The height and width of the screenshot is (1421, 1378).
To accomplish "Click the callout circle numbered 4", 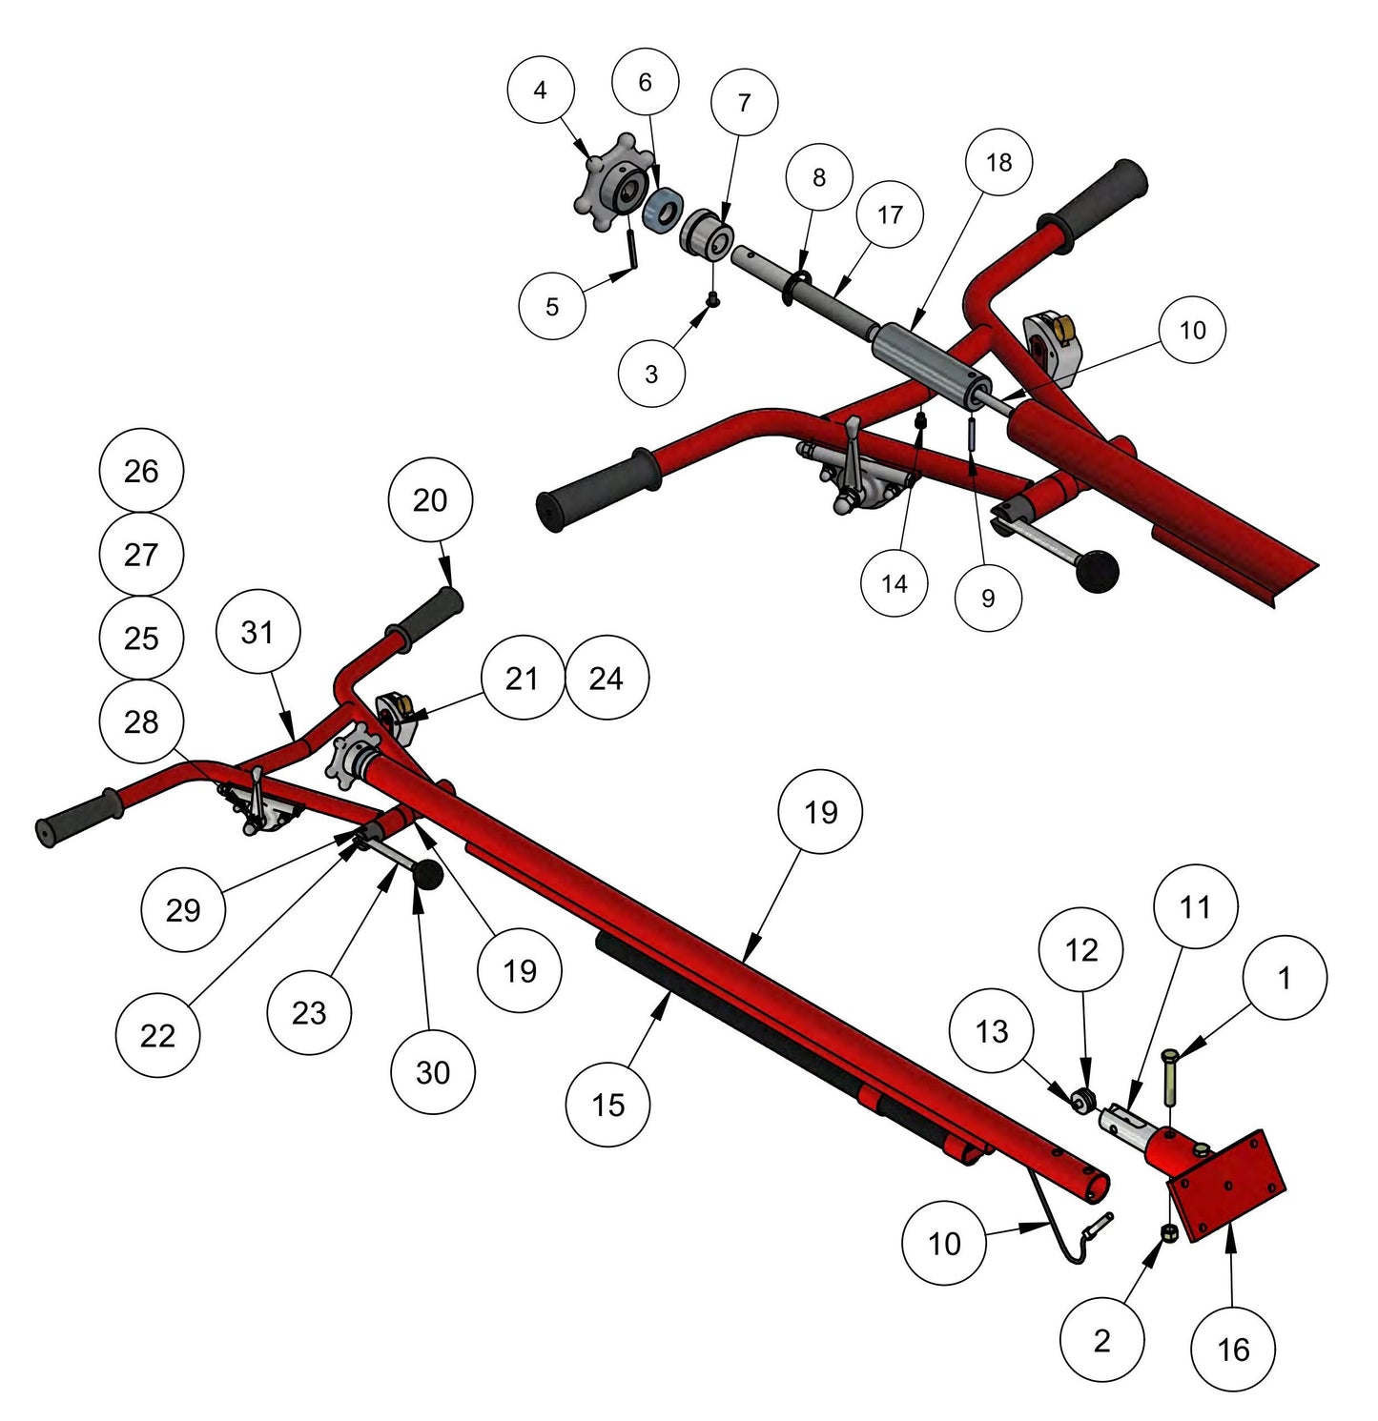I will (x=541, y=91).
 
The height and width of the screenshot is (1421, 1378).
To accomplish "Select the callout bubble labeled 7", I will (x=744, y=102).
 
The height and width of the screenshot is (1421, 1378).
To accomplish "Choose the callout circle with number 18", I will (x=998, y=162).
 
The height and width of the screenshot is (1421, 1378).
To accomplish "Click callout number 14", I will (x=895, y=583).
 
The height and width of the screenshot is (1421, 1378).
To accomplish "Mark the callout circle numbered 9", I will (x=988, y=598).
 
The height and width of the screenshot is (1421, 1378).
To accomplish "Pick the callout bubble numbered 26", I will (x=141, y=471).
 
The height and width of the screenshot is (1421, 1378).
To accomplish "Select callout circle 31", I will (x=257, y=632).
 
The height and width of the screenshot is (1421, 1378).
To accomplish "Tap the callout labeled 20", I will (x=430, y=500).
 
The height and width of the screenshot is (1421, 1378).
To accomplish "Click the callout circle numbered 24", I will (x=607, y=679).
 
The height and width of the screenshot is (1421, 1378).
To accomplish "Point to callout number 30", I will (x=433, y=1072).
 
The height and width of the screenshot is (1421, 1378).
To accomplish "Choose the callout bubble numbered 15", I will (x=607, y=1105).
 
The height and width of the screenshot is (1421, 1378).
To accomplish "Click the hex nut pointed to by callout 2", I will (x=1169, y=1233).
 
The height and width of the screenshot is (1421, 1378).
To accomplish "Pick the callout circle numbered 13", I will (x=992, y=1031).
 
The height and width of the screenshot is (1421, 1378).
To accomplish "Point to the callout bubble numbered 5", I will (x=552, y=306).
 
